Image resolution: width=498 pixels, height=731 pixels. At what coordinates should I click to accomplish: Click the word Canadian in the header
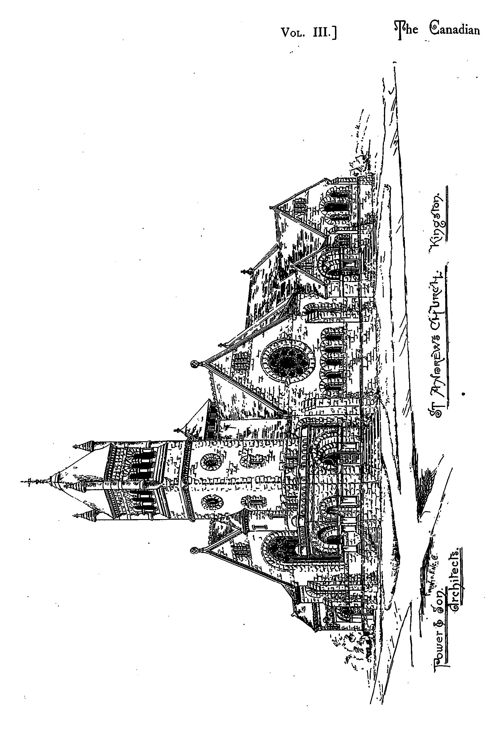tap(455, 29)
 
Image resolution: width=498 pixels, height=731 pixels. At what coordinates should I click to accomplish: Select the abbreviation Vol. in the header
tap(293, 32)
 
